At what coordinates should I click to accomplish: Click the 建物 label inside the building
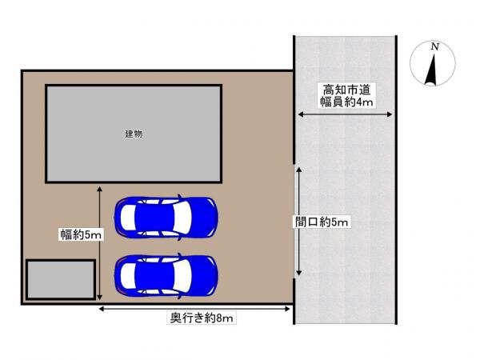(x=134, y=134)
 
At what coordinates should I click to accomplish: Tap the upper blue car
(x=166, y=218)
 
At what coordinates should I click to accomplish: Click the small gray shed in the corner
(x=61, y=279)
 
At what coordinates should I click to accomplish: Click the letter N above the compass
(x=434, y=47)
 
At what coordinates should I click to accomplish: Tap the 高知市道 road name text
(x=345, y=88)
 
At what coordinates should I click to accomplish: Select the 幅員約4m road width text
(x=345, y=102)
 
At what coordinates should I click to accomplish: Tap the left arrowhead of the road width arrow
(x=301, y=116)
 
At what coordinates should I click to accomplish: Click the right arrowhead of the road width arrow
(x=391, y=116)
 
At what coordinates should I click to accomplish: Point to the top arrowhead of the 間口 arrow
(x=298, y=170)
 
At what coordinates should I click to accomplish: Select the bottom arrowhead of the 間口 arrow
(x=298, y=276)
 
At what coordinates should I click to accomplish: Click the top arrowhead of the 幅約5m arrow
(x=99, y=190)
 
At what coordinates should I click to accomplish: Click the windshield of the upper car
(x=181, y=218)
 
